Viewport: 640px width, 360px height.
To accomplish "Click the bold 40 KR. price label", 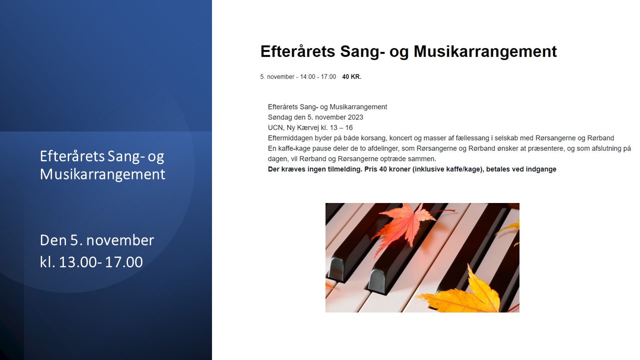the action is (351, 77).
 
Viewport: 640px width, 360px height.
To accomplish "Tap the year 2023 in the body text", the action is (355, 117).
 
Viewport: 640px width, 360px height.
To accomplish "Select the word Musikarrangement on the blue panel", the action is (102, 174).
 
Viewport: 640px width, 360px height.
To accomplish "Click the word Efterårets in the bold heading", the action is (297, 51).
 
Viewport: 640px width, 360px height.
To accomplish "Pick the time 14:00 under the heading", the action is (307, 77).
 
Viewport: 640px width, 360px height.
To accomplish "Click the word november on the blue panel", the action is (120, 240).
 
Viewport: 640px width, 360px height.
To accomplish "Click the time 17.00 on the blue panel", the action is (123, 262).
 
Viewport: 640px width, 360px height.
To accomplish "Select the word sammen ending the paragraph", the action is (422, 159).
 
